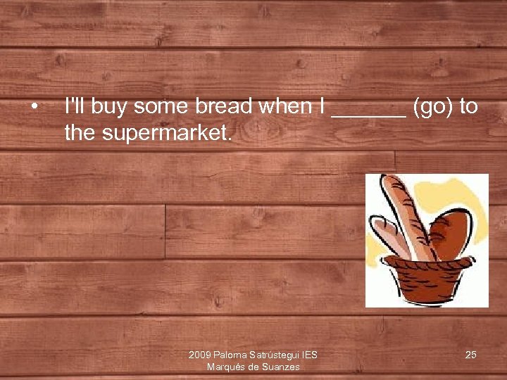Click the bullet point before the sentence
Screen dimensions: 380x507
(33, 107)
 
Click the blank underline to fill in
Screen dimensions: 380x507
(368, 113)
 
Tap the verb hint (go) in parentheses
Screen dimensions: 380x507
(432, 107)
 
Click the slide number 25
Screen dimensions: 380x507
(470, 355)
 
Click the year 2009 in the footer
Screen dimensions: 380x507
(199, 355)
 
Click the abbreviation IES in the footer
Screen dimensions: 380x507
(309, 355)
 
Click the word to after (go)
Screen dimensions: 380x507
(468, 107)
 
